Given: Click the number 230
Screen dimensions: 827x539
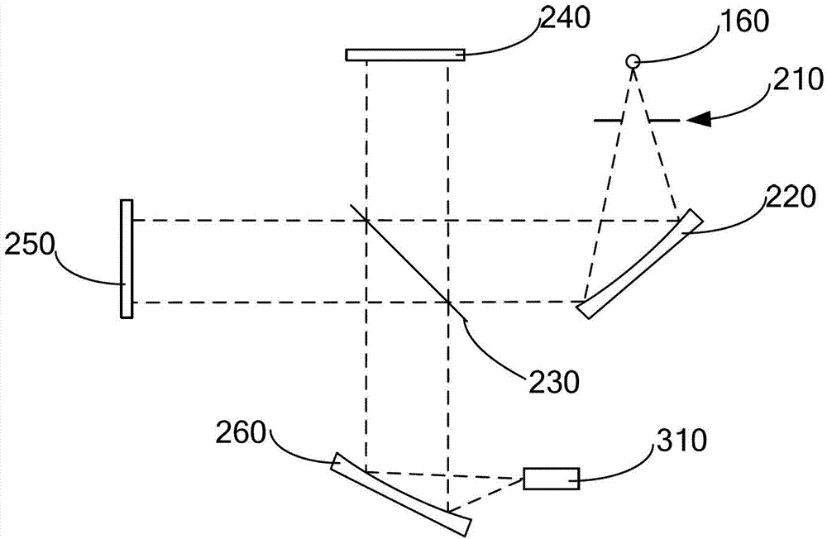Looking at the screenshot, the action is tap(553, 381).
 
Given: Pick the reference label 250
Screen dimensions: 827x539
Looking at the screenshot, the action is tap(30, 244).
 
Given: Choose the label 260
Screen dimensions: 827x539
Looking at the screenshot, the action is tap(241, 433).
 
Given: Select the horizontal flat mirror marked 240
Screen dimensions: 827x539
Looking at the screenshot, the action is tap(405, 55).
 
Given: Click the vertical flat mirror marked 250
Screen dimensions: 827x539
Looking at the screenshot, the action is tap(127, 259).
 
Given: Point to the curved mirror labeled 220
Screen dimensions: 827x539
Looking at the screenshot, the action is tap(640, 265).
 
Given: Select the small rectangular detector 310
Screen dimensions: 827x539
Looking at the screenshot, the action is tap(551, 479).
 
